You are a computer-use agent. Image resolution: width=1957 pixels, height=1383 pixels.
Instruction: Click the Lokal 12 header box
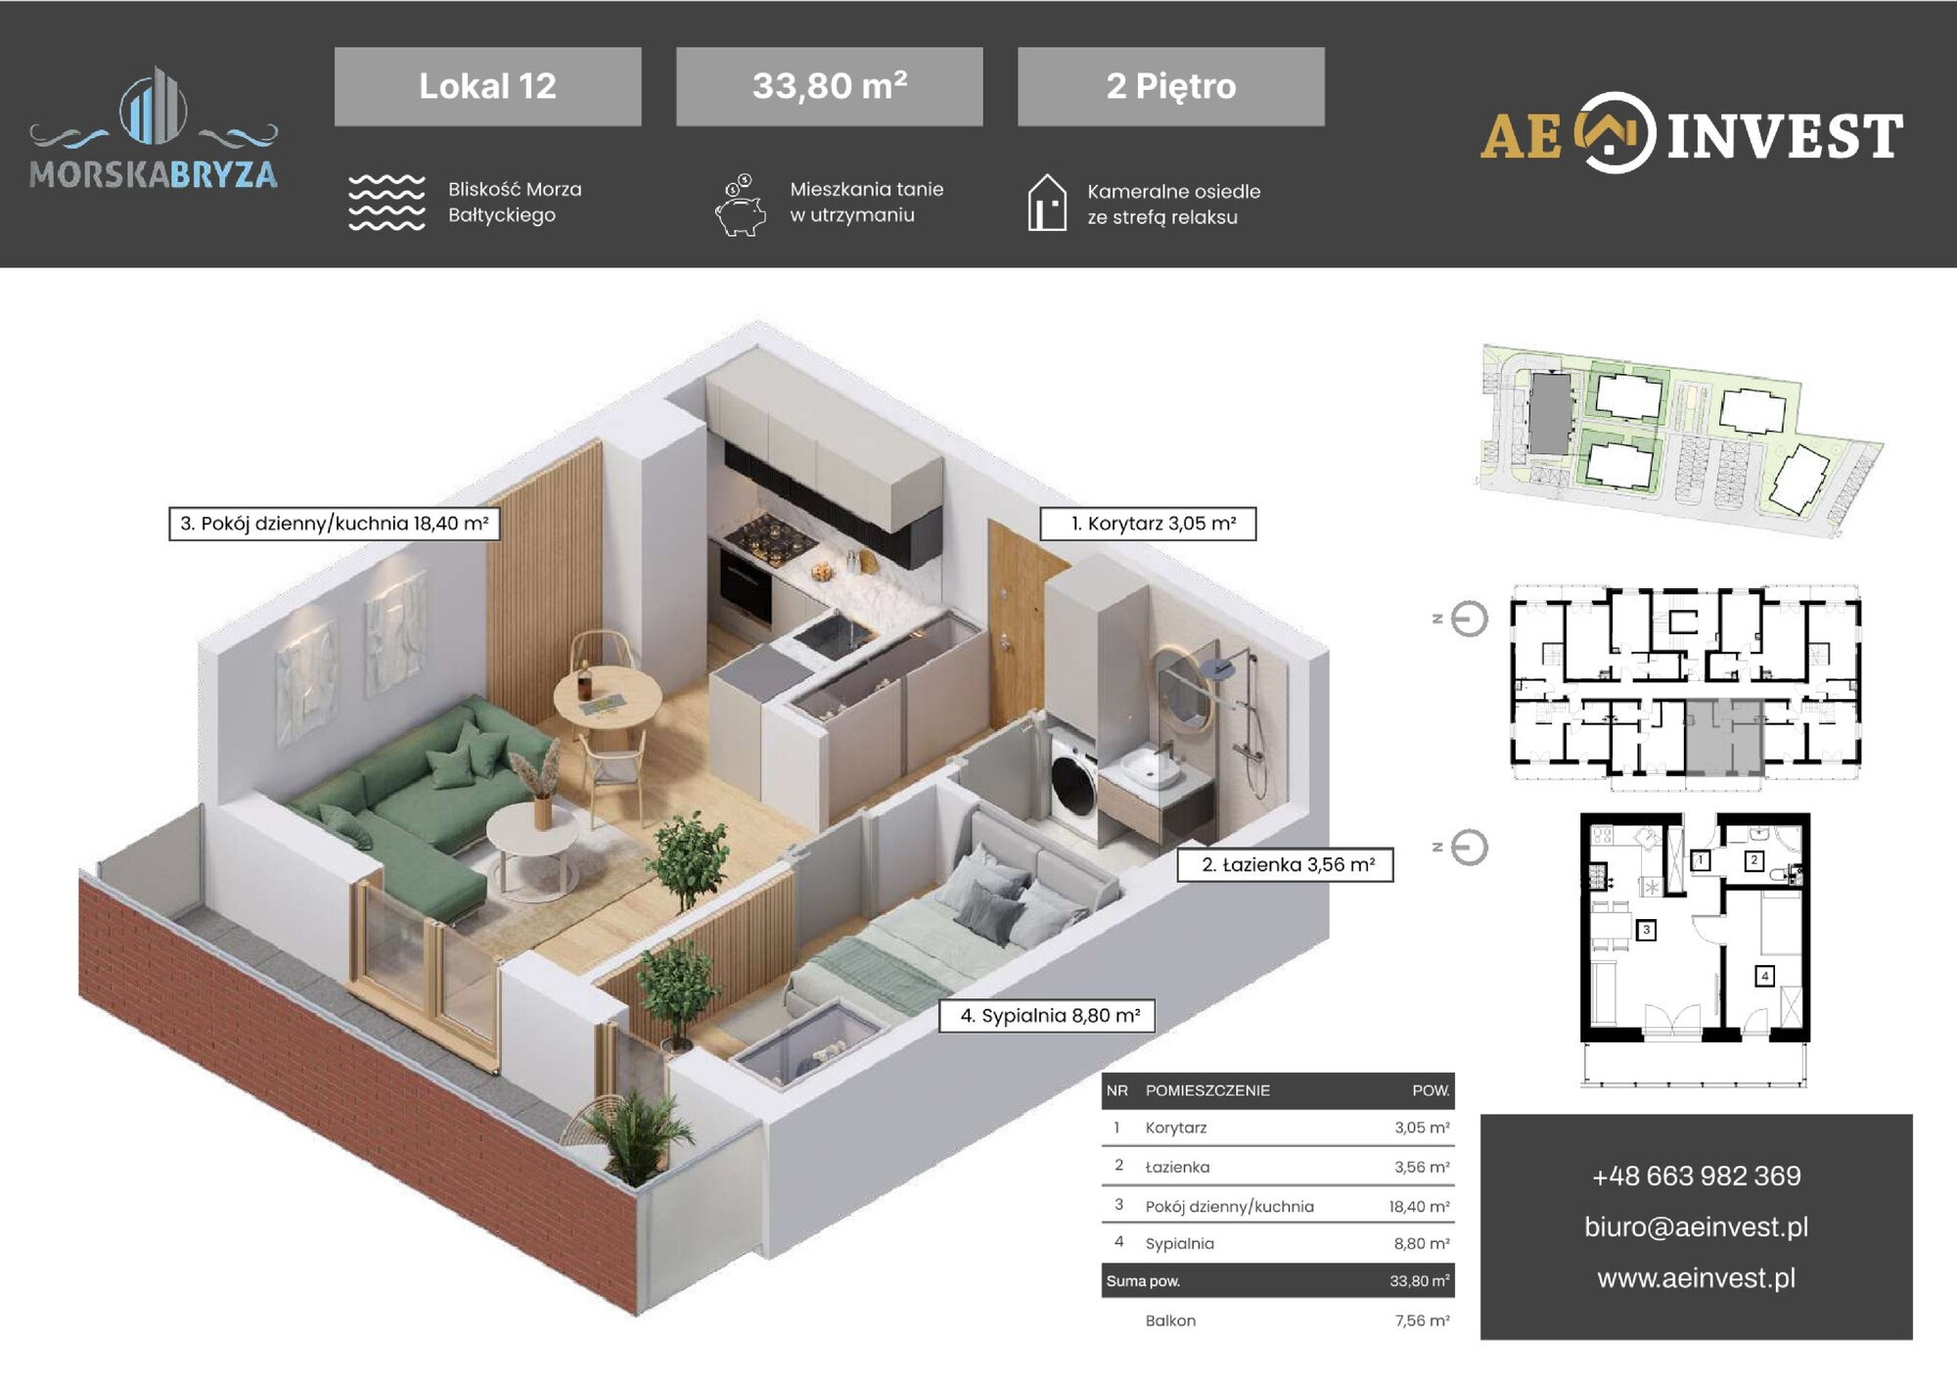pyautogui.click(x=487, y=86)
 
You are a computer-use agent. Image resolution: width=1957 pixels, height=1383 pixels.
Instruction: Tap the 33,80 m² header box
pyautogui.click(x=829, y=86)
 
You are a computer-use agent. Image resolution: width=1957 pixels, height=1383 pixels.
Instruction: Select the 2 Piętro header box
pyautogui.click(x=1170, y=86)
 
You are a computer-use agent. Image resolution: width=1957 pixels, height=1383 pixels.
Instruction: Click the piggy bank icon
pyautogui.click(x=740, y=207)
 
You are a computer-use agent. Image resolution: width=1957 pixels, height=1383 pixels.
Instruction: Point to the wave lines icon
pyautogui.click(x=387, y=203)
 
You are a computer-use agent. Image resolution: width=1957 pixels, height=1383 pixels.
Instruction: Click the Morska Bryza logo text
pyautogui.click(x=154, y=174)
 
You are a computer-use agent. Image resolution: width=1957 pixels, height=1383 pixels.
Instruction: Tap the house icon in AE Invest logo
pyautogui.click(x=1615, y=133)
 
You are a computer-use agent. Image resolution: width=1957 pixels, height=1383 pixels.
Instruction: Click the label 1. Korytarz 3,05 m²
pyautogui.click(x=1147, y=524)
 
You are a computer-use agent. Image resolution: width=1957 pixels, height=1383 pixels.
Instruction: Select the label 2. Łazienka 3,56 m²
pyautogui.click(x=1284, y=864)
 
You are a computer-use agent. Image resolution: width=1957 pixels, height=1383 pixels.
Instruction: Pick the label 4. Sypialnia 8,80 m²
pyautogui.click(x=1046, y=1015)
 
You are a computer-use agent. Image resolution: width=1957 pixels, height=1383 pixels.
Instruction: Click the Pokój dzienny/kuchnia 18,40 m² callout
pyautogui.click(x=335, y=524)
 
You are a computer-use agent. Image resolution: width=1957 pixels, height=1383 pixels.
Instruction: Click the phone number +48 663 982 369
pyautogui.click(x=1696, y=1176)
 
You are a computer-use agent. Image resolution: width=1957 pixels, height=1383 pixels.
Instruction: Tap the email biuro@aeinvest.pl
pyautogui.click(x=1696, y=1226)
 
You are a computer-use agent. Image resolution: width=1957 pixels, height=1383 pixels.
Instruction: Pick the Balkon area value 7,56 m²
pyautogui.click(x=1422, y=1320)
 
